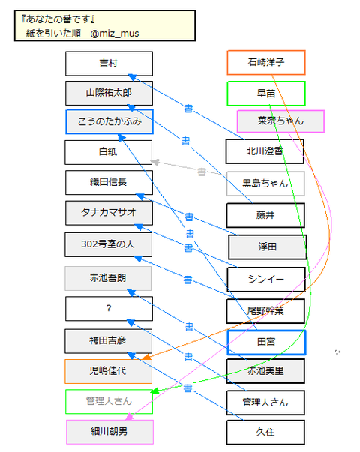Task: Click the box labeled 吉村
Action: tap(109, 64)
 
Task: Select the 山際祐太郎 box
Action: tap(109, 93)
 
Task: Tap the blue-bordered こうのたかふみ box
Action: tap(109, 121)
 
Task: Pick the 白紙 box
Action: tap(109, 152)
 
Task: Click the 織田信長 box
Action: tap(109, 183)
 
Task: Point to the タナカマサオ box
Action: tap(109, 214)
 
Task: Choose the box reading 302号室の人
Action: tap(109, 244)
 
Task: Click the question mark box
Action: tap(109, 309)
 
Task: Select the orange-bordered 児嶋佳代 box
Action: tap(109, 371)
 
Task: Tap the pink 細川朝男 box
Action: tap(109, 433)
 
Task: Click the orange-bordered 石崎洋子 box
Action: tap(266, 62)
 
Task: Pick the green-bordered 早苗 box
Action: tap(266, 93)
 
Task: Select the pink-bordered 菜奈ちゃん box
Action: tap(280, 121)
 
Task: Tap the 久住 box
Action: tap(266, 433)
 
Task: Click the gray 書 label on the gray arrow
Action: tap(201, 172)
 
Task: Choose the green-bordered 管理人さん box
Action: tap(109, 401)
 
